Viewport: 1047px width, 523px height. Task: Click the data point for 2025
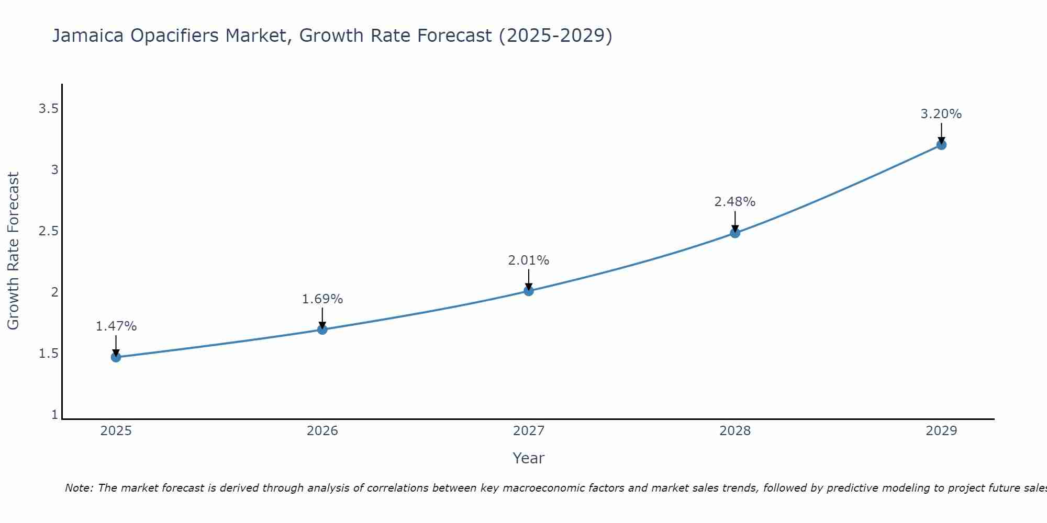click(116, 357)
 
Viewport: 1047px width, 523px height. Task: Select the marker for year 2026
click(322, 329)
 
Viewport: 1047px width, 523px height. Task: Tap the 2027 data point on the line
click(529, 291)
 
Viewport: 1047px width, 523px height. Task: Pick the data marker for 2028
click(735, 233)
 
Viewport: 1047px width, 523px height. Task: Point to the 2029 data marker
click(941, 145)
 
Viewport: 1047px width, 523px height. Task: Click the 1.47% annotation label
click(116, 326)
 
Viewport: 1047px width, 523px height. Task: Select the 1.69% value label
click(322, 299)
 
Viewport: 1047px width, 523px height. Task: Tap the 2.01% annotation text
click(529, 260)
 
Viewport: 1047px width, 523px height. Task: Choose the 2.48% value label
click(735, 202)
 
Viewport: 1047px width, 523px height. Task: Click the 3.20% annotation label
click(941, 114)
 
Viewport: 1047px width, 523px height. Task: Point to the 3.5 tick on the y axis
click(48, 109)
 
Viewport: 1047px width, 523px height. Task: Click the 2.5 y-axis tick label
click(48, 231)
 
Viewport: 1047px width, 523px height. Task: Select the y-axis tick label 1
click(54, 415)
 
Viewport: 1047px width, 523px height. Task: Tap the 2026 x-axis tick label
click(322, 431)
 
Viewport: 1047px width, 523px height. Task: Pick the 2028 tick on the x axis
click(735, 431)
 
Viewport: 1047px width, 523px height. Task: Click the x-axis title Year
click(529, 458)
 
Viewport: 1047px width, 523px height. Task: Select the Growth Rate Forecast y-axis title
click(13, 251)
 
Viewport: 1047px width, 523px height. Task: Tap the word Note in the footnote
click(79, 488)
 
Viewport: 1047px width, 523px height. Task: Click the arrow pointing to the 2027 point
click(529, 278)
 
